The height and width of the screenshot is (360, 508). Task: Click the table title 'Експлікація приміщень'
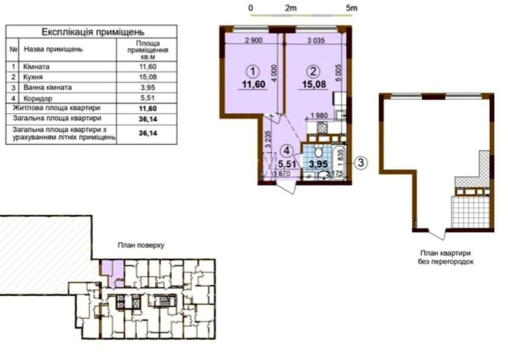click(x=93, y=32)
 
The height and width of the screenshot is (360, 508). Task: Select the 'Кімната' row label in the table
click(x=37, y=66)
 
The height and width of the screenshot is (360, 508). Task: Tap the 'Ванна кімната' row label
click(x=47, y=88)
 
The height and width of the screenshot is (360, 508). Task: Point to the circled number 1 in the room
click(x=253, y=70)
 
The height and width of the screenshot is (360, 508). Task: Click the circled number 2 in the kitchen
click(x=314, y=70)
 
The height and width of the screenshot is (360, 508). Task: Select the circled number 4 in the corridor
click(x=287, y=150)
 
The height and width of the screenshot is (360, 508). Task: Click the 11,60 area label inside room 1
click(x=253, y=84)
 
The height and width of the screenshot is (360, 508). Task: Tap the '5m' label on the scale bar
click(x=351, y=8)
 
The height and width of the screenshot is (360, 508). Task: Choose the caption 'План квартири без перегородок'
click(x=445, y=257)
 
